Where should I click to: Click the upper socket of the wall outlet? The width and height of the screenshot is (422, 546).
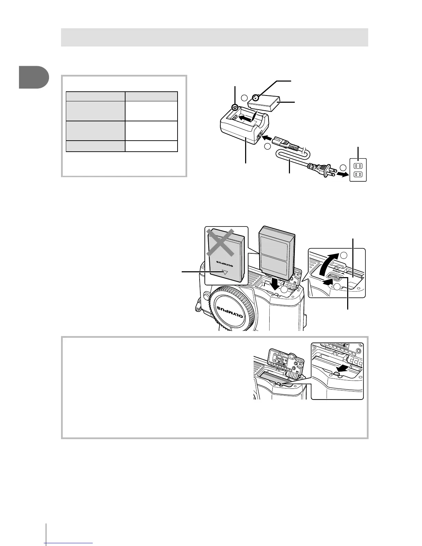[x=358, y=165]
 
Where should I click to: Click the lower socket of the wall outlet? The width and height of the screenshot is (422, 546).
[x=358, y=175]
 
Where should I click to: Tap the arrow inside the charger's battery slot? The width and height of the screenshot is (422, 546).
[x=245, y=119]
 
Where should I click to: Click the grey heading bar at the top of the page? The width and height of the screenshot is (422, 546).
[x=214, y=37]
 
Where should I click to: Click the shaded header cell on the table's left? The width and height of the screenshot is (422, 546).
[x=95, y=96]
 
